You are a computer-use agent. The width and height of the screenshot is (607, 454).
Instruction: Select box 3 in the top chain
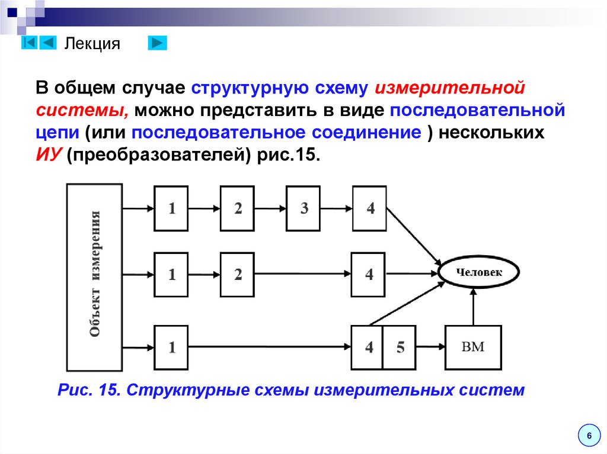pos(303,208)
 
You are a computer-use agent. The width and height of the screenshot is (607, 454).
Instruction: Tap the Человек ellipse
pos(478,273)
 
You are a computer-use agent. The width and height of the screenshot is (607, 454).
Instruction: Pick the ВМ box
pos(472,347)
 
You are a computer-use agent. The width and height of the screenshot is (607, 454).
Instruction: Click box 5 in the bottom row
pos(401,347)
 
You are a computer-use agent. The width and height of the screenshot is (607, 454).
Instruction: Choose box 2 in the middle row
pos(237,275)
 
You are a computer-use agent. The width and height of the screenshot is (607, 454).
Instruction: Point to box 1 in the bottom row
pos(171,347)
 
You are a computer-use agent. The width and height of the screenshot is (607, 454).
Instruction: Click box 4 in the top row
pos(369,208)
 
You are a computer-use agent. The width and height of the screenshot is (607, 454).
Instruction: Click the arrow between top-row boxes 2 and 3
pos(270,208)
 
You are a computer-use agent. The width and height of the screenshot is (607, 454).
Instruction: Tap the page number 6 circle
pos(589,436)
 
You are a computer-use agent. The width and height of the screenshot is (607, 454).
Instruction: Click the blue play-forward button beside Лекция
pos(157,43)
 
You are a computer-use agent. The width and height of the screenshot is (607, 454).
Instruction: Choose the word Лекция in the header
pos(92,44)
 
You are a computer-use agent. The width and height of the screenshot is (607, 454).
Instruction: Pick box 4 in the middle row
pos(368,275)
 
